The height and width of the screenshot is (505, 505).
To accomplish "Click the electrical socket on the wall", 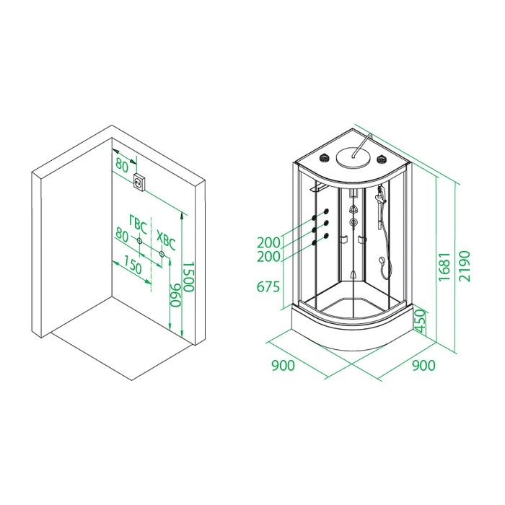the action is tap(139, 182).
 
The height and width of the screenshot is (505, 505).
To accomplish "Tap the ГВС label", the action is tap(139, 224).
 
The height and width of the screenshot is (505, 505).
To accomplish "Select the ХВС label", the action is tap(166, 240).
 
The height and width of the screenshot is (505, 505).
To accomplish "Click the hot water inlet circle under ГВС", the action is tap(139, 240).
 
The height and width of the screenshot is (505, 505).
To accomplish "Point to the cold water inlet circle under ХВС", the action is tap(162, 254).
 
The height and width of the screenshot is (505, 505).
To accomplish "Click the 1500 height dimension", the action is tap(188, 276).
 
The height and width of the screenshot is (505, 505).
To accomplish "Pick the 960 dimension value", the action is tap(175, 295).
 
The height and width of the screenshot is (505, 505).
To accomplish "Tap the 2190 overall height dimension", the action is tap(464, 266).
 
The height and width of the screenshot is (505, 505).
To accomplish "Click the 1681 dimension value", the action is tap(444, 266).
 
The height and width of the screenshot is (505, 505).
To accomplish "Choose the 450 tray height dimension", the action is tap(420, 321).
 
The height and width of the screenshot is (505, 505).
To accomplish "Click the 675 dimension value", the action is tap(268, 286).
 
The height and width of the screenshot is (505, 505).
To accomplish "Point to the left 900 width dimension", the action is tap(283, 366).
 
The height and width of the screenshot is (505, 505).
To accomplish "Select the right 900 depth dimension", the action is tap(423, 365).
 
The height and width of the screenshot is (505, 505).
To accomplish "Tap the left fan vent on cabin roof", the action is tap(324, 158).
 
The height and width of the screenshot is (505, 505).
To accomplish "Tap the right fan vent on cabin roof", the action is tap(382, 159).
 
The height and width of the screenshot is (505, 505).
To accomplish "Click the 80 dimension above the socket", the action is tap(122, 165).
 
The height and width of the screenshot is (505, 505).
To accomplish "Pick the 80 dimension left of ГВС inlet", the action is tap(122, 234).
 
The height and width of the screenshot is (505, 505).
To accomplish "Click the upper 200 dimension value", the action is tap(268, 242).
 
